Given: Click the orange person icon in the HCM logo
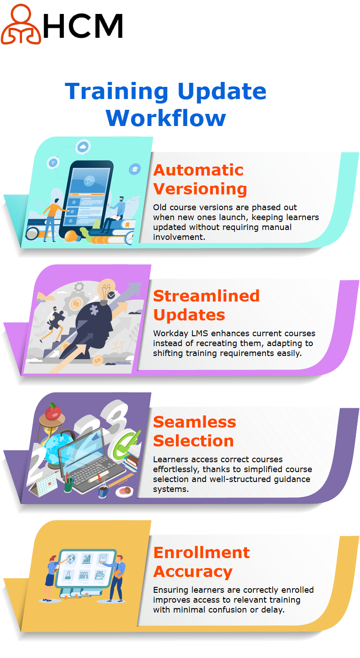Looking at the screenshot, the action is coord(21,24).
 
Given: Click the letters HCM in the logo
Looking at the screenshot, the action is coord(83,26).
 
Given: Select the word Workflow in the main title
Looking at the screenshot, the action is coord(166,118).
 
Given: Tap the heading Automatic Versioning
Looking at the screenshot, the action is coord(200,179).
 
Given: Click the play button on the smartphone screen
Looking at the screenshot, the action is coord(89,180).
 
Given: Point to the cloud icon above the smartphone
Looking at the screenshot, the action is coord(83,147).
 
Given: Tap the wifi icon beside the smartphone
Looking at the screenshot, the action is coord(53,162).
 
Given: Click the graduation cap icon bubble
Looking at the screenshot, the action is coord(135,169).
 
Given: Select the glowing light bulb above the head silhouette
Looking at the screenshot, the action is coord(106,291).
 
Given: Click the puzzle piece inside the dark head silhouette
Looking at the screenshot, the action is coord(94,310).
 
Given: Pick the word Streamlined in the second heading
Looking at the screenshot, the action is coord(207,296).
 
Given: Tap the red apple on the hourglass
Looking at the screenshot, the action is coord(53,411).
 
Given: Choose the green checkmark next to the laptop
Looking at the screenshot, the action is coord(126,444).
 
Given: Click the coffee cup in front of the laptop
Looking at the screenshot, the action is coord(103,491).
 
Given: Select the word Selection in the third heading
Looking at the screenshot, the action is coord(193,441).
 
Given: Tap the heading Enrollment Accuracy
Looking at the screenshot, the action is coord(202,562).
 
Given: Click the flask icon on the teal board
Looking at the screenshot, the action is coord(68,575).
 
